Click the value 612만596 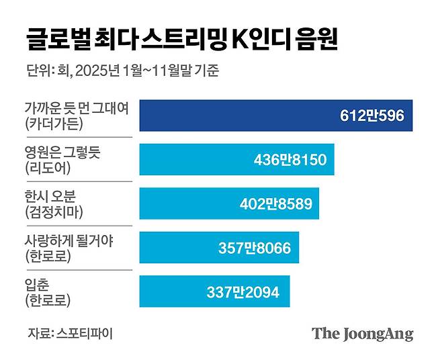(x=371, y=116)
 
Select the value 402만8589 (x=275, y=204)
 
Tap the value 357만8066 (x=255, y=249)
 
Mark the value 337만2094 (x=243, y=292)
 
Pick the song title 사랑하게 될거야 (x=69, y=240)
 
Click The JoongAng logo (x=362, y=333)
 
